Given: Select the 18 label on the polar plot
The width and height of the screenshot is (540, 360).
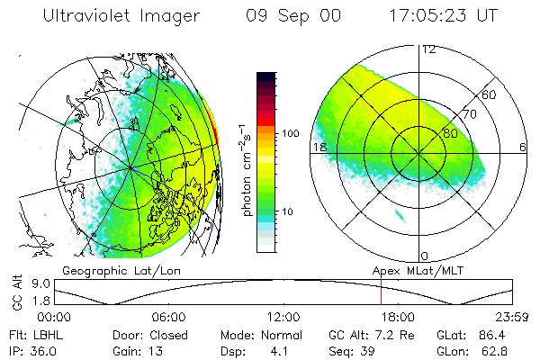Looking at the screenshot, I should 318,147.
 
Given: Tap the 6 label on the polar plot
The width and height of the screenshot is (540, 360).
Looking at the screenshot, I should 523,147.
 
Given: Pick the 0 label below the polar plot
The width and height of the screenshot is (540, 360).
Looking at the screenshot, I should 425,256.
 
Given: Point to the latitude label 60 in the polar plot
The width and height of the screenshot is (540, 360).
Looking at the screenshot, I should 490,94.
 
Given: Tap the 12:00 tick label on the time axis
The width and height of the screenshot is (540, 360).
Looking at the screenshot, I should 283,318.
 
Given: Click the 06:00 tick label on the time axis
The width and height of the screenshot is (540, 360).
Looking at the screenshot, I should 169,318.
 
